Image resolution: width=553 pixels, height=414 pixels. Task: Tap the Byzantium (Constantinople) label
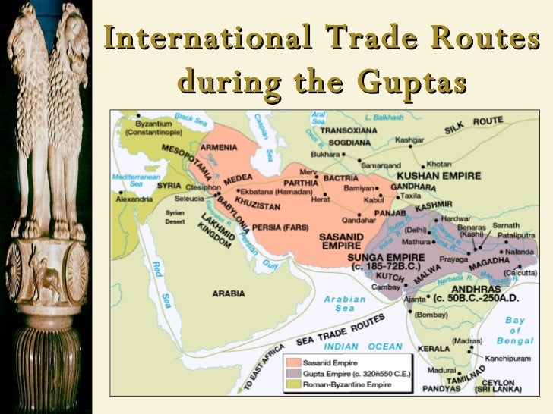click(161, 127)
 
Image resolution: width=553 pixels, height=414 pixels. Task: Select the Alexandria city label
click(134, 199)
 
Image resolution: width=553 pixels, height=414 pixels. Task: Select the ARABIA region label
click(228, 293)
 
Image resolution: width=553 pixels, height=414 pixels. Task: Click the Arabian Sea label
click(345, 303)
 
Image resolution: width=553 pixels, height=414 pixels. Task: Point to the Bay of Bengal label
click(515, 331)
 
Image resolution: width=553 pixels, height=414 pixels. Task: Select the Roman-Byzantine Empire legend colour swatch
click(295, 384)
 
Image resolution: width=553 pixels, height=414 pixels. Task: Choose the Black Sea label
click(190, 118)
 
